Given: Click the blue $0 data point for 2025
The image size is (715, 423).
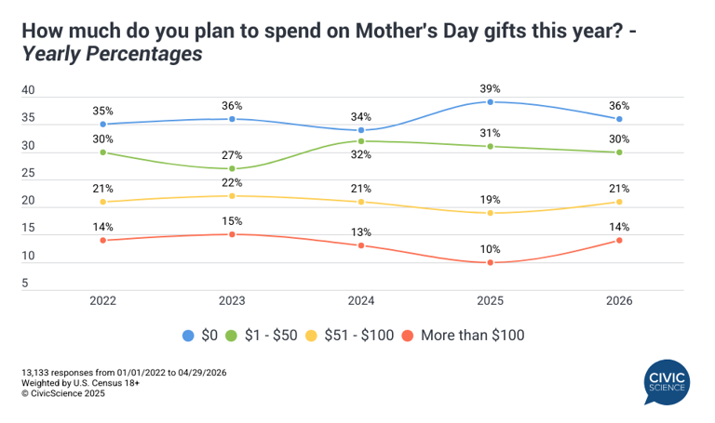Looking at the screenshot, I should pyautogui.click(x=490, y=101).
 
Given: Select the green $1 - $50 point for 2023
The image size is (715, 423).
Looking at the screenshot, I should pyautogui.click(x=231, y=168).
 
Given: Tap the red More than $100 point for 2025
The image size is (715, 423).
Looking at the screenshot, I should pyautogui.click(x=490, y=262).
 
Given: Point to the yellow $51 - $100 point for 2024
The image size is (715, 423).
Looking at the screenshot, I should pyautogui.click(x=361, y=202).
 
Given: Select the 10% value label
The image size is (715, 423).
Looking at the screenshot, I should pyautogui.click(x=490, y=248).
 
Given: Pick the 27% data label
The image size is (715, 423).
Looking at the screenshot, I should pyautogui.click(x=231, y=154).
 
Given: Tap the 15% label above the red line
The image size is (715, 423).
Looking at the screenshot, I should pyautogui.click(x=231, y=220).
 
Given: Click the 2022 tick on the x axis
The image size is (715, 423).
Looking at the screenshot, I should pyautogui.click(x=102, y=300).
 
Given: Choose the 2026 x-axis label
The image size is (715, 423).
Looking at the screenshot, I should pyautogui.click(x=619, y=300).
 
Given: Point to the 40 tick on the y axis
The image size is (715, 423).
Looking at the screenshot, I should pyautogui.click(x=28, y=91).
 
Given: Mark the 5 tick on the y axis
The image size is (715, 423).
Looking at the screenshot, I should pyautogui.click(x=28, y=284).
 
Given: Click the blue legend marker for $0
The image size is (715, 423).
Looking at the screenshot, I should pyautogui.click(x=189, y=335).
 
